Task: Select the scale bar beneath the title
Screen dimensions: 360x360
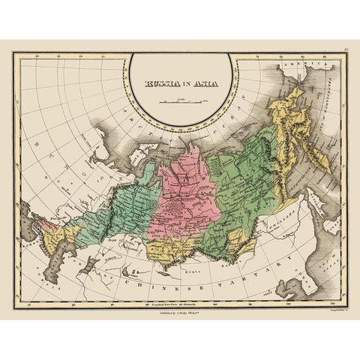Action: click(179, 100)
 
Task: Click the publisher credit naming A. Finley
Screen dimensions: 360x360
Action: click(180, 306)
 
